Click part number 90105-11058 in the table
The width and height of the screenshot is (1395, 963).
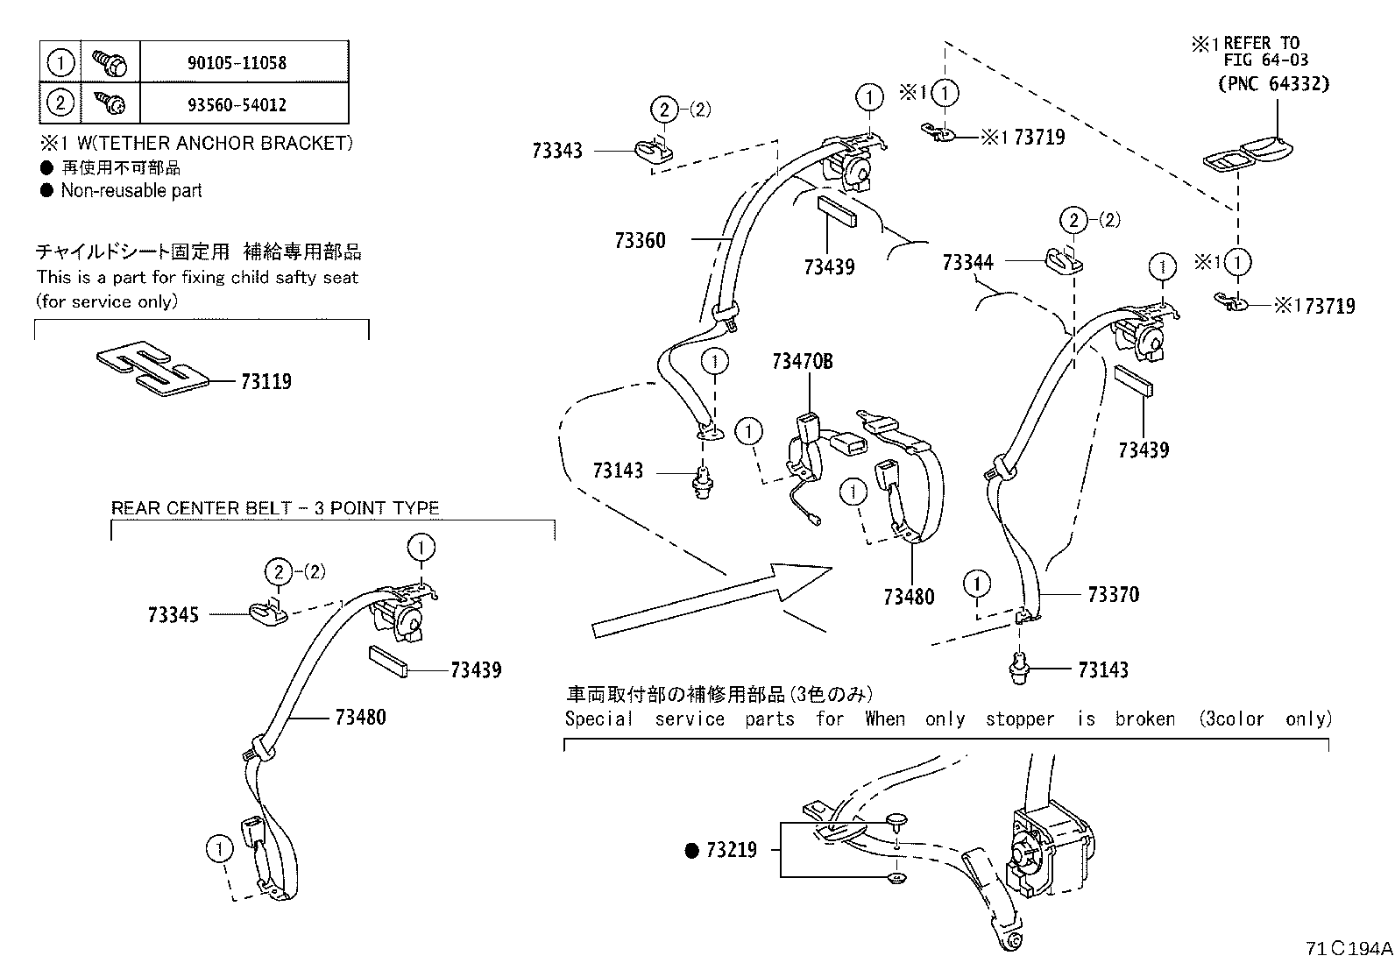click(x=237, y=63)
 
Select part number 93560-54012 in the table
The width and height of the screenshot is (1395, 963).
click(x=237, y=104)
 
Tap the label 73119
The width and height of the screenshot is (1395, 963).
click(x=266, y=381)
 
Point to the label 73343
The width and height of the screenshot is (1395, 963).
click(x=556, y=151)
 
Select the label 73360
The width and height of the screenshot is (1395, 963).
click(x=640, y=240)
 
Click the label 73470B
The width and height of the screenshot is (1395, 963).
click(x=802, y=361)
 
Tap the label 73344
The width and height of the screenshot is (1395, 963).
click(x=967, y=262)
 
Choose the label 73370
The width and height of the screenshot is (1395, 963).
click(x=1113, y=594)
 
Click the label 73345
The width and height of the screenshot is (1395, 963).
click(x=173, y=615)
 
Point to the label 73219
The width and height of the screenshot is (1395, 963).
click(x=731, y=850)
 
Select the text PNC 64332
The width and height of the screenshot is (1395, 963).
click(x=1273, y=84)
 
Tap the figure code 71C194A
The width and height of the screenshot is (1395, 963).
click(x=1348, y=948)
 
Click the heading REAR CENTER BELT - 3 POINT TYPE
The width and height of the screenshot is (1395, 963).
click(x=274, y=508)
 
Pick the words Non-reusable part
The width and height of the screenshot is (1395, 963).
click(x=131, y=190)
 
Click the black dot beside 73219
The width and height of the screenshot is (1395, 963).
click(x=691, y=850)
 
